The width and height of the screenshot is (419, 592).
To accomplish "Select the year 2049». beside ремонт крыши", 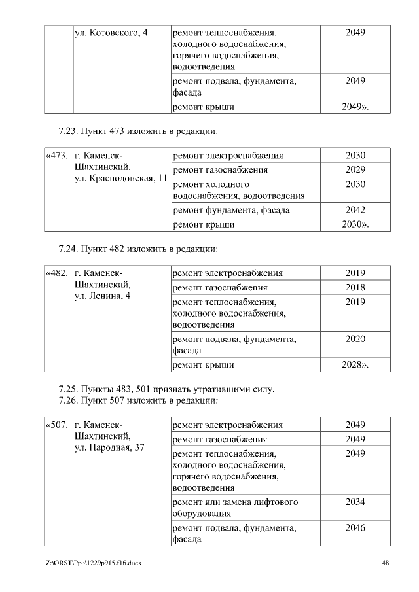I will (x=355, y=107).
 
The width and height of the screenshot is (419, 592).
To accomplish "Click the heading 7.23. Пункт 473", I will (x=137, y=131).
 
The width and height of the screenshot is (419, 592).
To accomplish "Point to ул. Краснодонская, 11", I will (x=121, y=179).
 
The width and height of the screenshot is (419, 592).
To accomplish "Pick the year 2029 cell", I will (x=355, y=170).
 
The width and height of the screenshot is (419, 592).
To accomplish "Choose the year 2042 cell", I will (x=355, y=210).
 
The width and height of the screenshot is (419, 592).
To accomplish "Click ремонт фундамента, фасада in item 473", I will (x=231, y=210).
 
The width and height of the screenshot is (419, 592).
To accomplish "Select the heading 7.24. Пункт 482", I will (x=137, y=249).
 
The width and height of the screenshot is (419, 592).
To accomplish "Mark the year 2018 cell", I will (x=355, y=288).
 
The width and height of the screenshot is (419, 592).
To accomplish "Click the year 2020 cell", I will (x=355, y=340).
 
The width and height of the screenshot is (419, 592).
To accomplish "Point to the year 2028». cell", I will (x=355, y=364).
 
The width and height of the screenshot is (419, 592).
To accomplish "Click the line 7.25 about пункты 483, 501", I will (x=166, y=389).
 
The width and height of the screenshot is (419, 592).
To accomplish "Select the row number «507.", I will (x=57, y=425).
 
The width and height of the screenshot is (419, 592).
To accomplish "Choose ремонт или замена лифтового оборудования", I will (x=235, y=508).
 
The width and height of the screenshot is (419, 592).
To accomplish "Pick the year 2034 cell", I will (x=355, y=502).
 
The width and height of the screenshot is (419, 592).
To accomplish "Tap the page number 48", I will (x=385, y=563).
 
